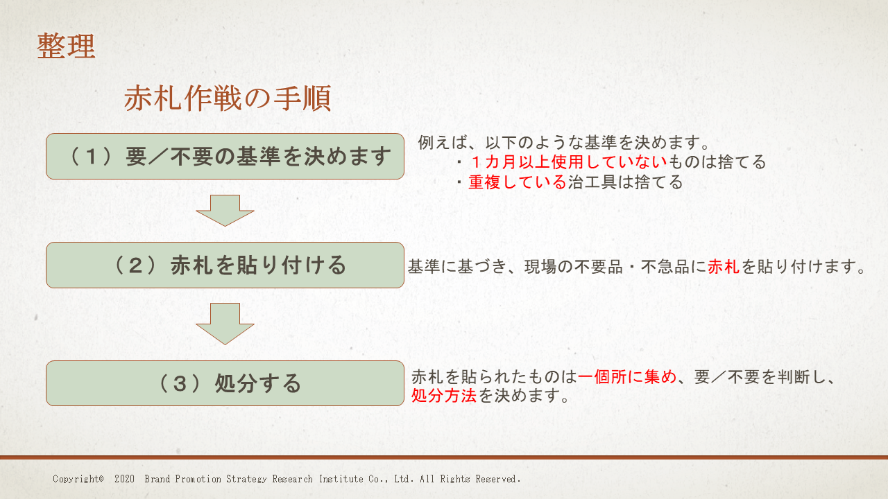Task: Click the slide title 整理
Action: point(66,46)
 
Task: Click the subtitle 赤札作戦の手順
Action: point(228,98)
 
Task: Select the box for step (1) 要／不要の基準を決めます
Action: point(225,156)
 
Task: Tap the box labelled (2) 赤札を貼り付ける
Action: point(225,265)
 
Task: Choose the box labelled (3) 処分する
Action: point(225,383)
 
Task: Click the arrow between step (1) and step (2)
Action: point(225,211)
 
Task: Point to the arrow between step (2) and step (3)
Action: point(225,324)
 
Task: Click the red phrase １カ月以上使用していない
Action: point(568,162)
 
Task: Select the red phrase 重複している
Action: point(518,182)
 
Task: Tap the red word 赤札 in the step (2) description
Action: point(724,267)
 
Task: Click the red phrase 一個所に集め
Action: point(627,376)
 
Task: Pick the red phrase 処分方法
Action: point(443,395)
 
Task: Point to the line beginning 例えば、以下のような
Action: point(563,143)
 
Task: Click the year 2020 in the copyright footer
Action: point(124,479)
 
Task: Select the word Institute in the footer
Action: point(341,479)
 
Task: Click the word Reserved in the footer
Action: point(497,479)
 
